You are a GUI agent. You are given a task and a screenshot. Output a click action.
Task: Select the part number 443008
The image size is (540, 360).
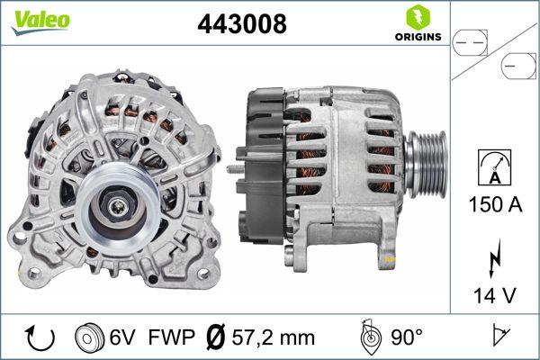(241, 24)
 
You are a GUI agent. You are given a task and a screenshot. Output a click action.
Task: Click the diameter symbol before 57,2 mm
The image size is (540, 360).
(217, 337)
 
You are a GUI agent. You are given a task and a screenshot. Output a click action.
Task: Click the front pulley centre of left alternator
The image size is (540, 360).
(119, 209)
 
